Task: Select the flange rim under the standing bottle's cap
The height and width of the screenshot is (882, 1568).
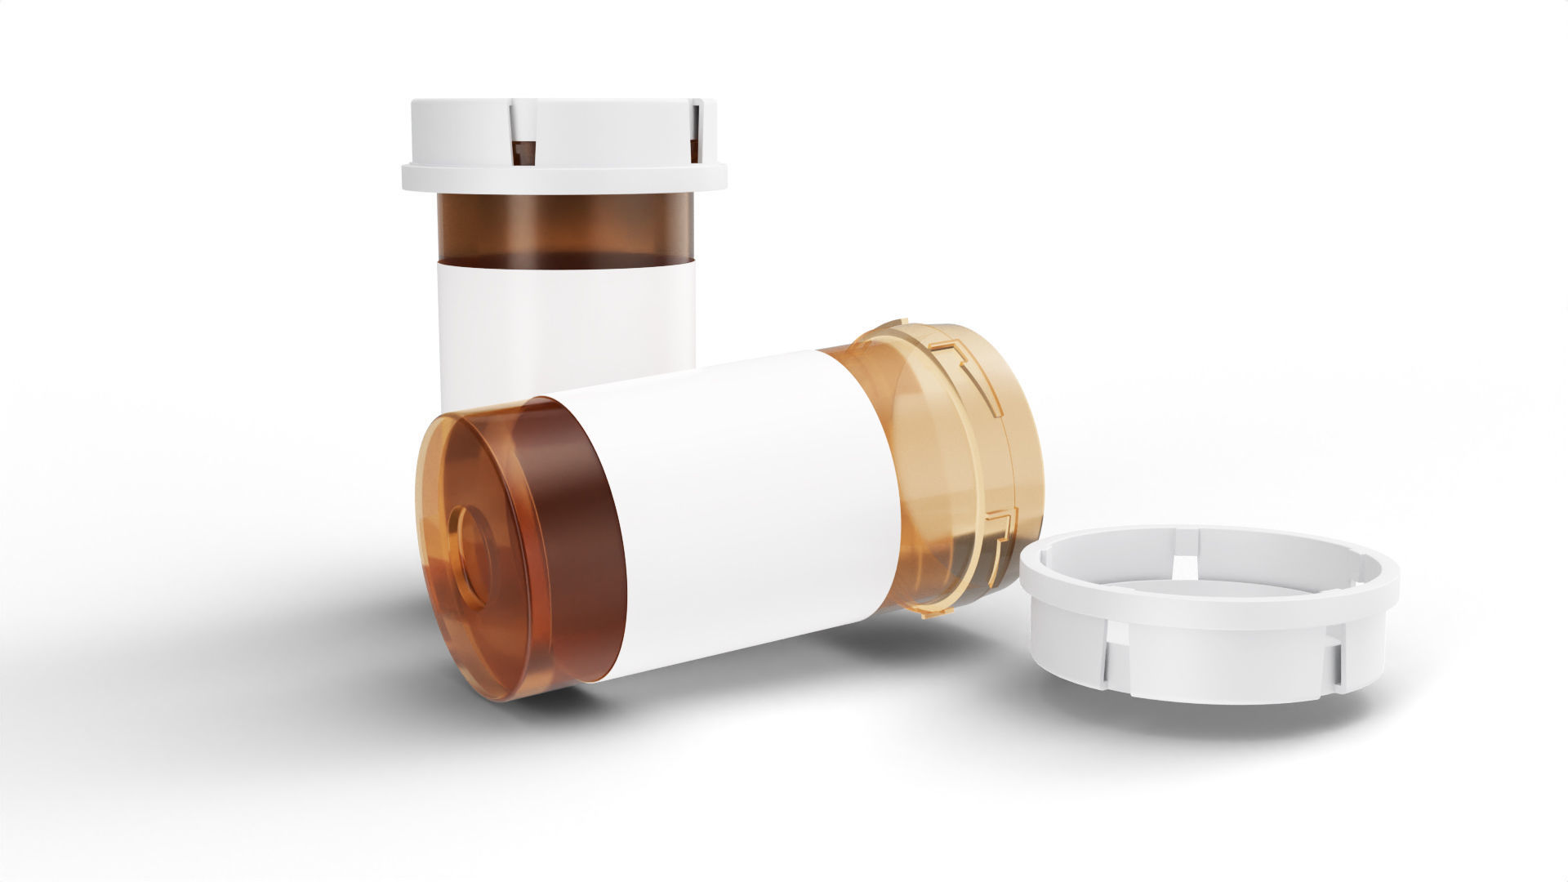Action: [563, 178]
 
